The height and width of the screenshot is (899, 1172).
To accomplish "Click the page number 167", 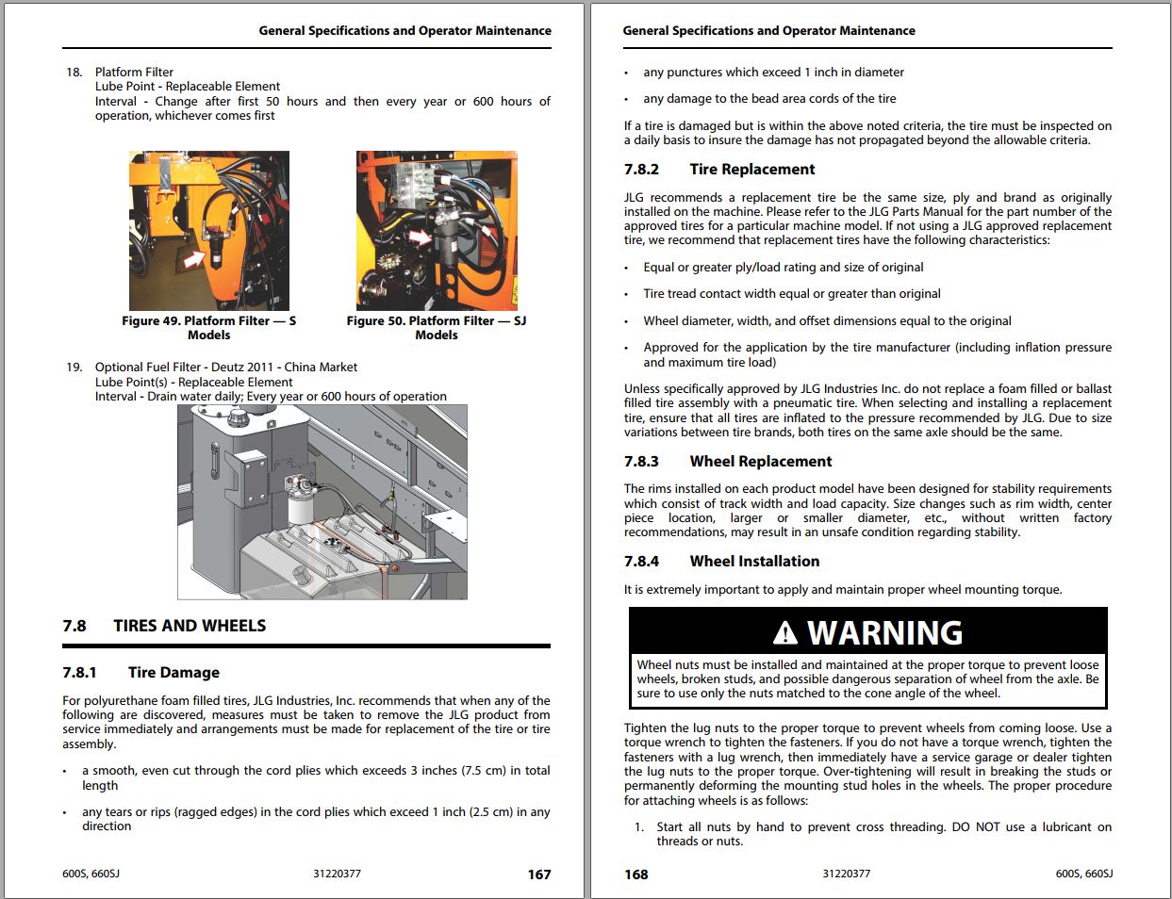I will (538, 874).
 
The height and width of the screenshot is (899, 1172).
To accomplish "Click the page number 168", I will (636, 874).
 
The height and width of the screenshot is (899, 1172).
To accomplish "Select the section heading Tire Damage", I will (173, 673).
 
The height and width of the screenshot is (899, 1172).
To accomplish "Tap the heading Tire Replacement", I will (751, 170).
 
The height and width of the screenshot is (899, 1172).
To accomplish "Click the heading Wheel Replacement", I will (760, 462).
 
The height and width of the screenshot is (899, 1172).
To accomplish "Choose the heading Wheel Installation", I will (754, 562).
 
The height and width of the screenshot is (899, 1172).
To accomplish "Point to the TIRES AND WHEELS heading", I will (190, 626).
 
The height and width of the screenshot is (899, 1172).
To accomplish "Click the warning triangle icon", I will (784, 633).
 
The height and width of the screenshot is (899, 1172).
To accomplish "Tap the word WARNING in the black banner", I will (884, 633).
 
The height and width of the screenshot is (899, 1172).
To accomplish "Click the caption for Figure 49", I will (208, 328).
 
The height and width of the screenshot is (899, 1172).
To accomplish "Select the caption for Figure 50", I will (436, 328).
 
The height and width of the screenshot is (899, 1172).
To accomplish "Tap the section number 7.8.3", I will (641, 462).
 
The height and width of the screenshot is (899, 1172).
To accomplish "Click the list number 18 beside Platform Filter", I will (74, 73).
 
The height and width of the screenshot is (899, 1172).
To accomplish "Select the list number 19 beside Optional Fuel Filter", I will (74, 368).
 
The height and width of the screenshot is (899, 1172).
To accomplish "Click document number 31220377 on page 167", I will (337, 874).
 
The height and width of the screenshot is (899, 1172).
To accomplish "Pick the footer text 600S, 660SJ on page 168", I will (1083, 874).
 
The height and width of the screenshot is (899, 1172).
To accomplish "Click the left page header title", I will (404, 31).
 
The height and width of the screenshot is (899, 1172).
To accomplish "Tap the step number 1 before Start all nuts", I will (638, 827).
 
